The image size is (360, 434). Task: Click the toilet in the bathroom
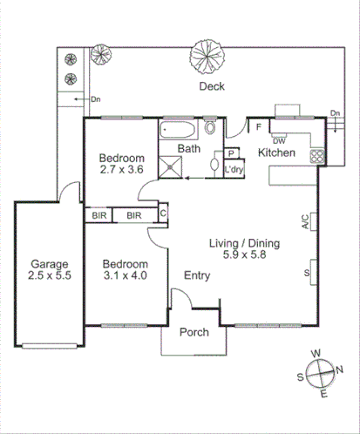tap(211, 129)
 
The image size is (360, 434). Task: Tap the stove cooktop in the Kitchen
tap(317, 158)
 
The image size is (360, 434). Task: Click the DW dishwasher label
tap(280, 140)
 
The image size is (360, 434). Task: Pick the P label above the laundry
tap(232, 154)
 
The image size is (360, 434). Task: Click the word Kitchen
tap(276, 154)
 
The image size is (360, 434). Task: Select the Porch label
tap(193, 332)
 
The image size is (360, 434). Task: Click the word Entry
tap(197, 275)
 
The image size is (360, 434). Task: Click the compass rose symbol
tap(322, 372)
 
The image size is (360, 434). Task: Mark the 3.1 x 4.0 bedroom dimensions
tap(126, 275)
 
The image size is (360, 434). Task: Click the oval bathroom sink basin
tap(216, 163)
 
